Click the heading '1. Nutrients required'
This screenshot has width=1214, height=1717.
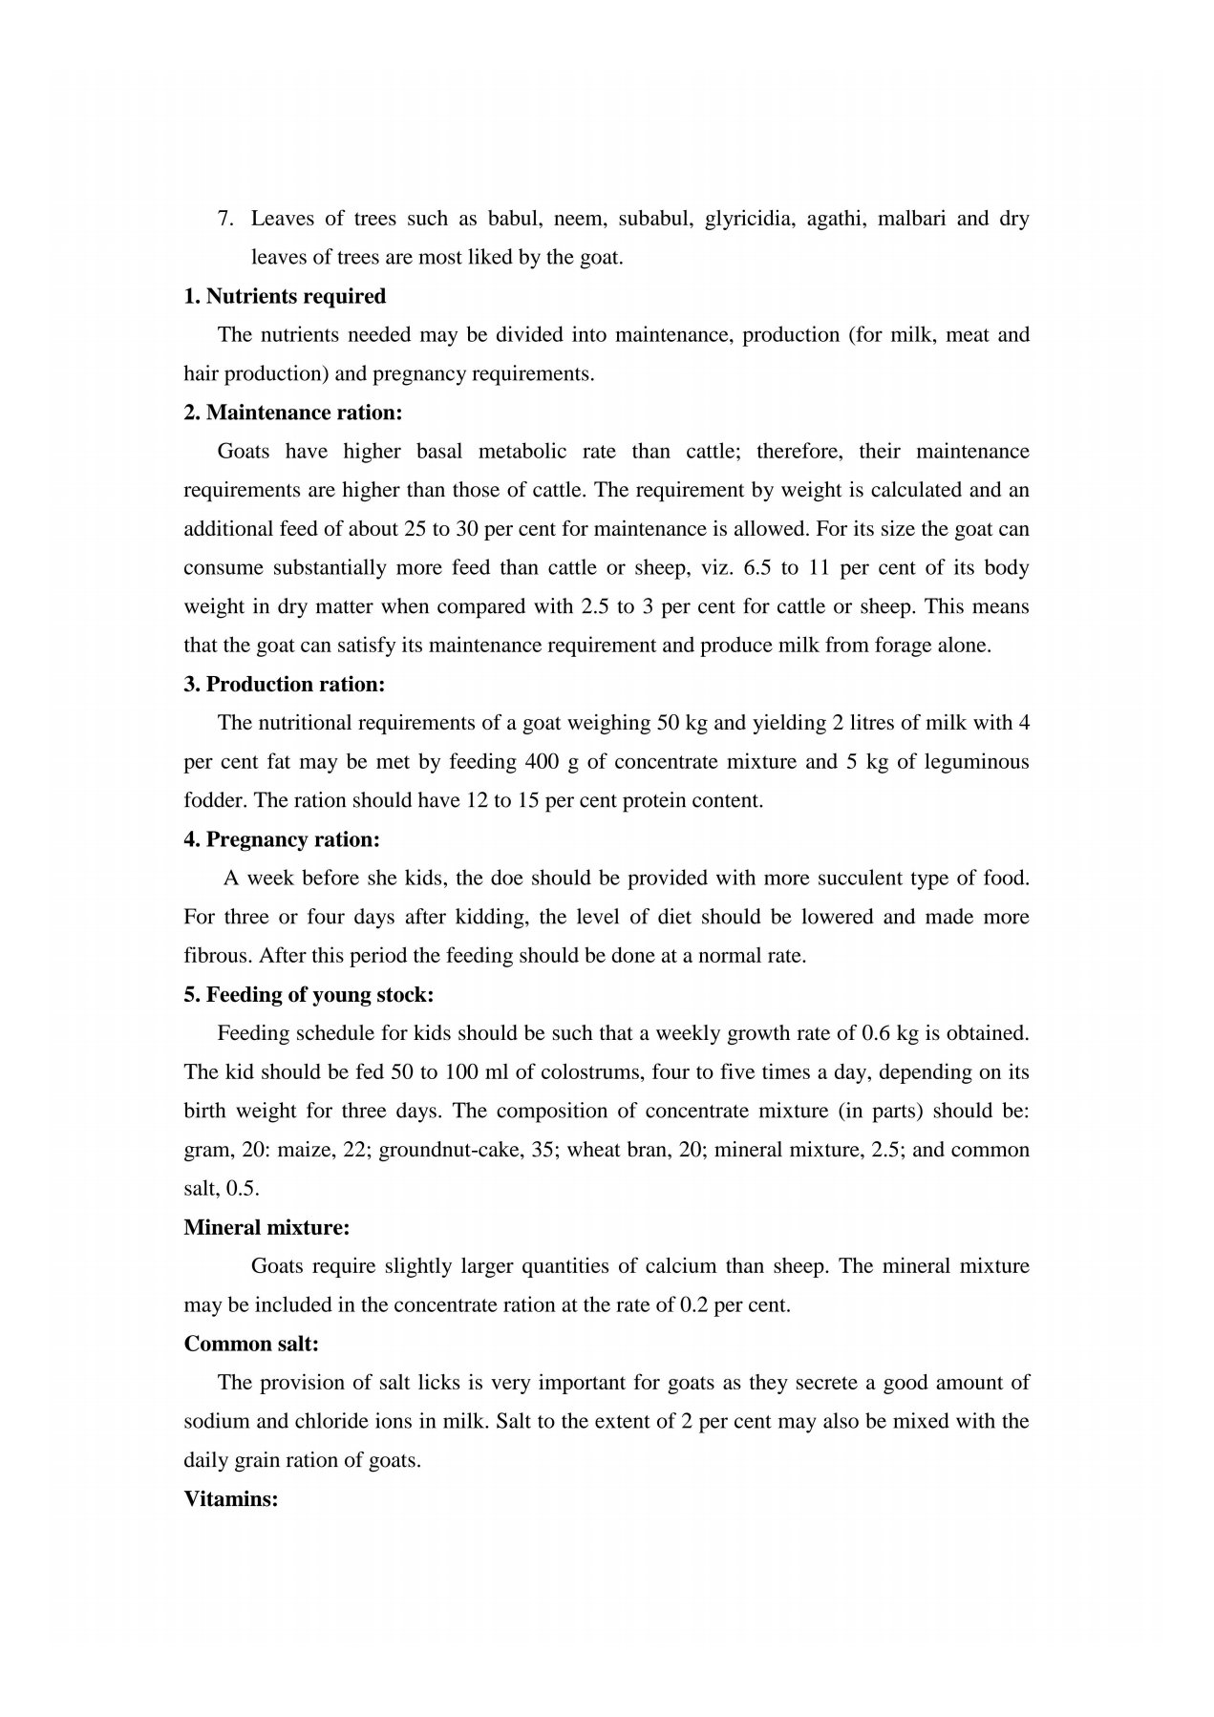click(285, 296)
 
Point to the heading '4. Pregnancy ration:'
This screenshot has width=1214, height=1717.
click(282, 839)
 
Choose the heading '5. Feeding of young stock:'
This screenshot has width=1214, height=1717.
click(309, 994)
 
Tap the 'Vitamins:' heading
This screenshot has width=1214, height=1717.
click(231, 1498)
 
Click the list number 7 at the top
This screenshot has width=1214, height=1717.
click(225, 219)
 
